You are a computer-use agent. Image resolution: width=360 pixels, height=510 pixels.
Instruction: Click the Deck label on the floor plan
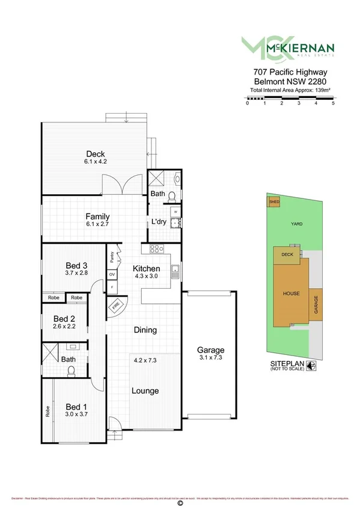tap(95, 153)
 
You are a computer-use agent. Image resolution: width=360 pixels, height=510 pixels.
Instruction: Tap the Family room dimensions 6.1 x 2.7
tap(97, 224)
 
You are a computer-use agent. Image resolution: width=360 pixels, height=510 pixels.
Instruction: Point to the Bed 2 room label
tap(64, 319)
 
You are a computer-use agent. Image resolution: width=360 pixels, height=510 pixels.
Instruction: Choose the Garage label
tap(210, 350)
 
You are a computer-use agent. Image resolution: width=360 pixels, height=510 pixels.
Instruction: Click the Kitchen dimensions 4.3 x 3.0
tap(146, 277)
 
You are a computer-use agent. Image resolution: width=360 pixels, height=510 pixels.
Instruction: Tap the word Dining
tap(145, 330)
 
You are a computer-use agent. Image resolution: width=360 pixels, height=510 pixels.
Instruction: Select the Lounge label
tap(145, 391)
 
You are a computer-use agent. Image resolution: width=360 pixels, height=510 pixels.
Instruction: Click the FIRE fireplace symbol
tap(115, 307)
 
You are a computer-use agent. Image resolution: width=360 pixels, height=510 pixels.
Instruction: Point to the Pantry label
tap(112, 257)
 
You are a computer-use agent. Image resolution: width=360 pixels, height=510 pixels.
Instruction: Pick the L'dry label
tap(158, 222)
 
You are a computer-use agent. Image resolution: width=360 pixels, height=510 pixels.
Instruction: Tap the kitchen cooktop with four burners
tap(154, 249)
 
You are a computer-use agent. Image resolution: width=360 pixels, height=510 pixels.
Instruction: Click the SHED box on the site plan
tap(275, 202)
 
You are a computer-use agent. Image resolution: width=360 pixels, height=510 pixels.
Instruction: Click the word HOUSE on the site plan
tap(291, 293)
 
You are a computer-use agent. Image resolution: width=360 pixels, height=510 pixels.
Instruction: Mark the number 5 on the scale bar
tap(333, 103)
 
